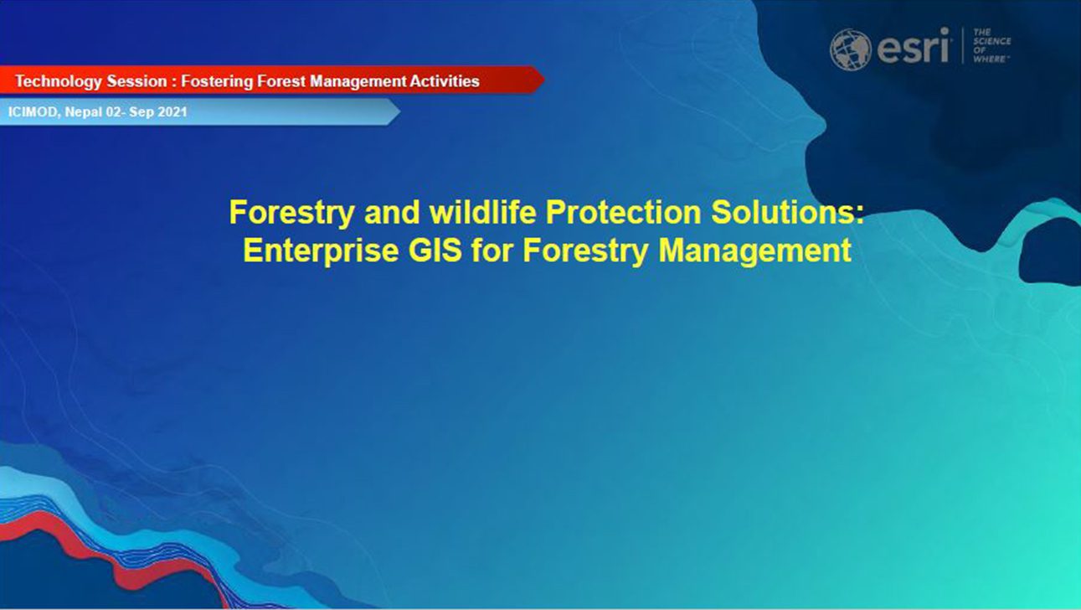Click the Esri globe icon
pyautogui.click(x=851, y=49)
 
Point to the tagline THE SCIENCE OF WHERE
pyautogui.click(x=991, y=45)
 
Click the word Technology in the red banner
pyautogui.click(x=59, y=81)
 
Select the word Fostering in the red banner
pyautogui.click(x=217, y=81)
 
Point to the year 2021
pyautogui.click(x=172, y=112)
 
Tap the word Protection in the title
pyautogui.click(x=623, y=212)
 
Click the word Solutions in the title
pyautogui.click(x=783, y=212)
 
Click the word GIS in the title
pyautogui.click(x=435, y=250)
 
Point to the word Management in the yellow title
pyautogui.click(x=754, y=251)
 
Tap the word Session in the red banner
pyautogui.click(x=136, y=81)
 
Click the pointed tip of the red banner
pyautogui.click(x=544, y=80)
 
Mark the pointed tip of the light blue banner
pyautogui.click(x=400, y=111)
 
